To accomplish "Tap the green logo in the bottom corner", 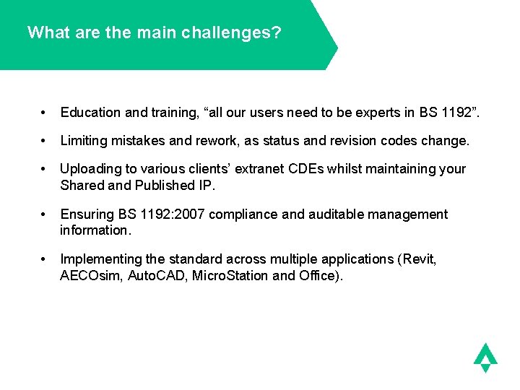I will tap(485, 357).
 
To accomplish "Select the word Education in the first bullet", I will tap(90, 112).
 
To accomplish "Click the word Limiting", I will tap(83, 140).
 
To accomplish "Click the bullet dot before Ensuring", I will tap(45, 214).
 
